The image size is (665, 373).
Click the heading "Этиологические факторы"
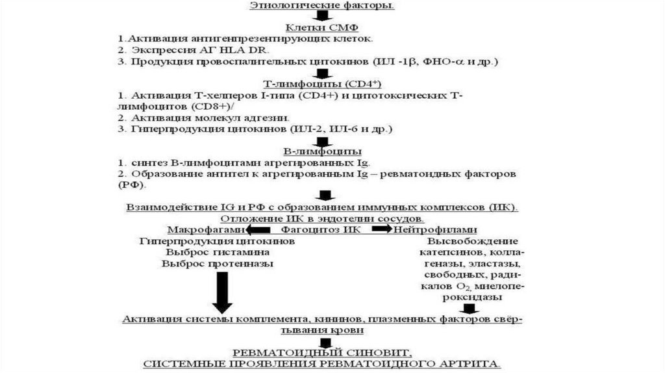click(x=321, y=5)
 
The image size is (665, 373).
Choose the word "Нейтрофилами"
click(x=435, y=229)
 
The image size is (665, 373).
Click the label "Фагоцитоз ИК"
click(x=312, y=229)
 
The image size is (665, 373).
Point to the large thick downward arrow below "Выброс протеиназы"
click(x=222, y=290)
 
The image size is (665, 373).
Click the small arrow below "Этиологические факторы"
click(x=321, y=16)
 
